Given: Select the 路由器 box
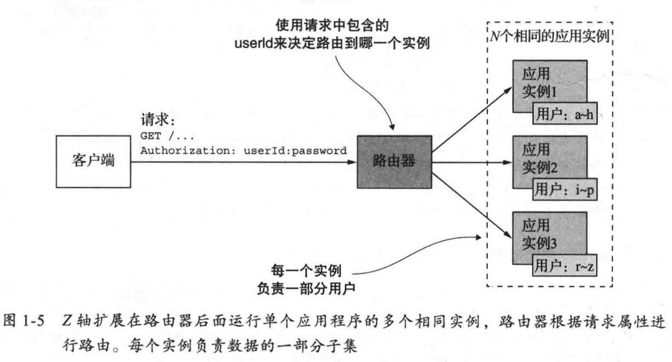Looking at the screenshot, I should [x=394, y=162].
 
